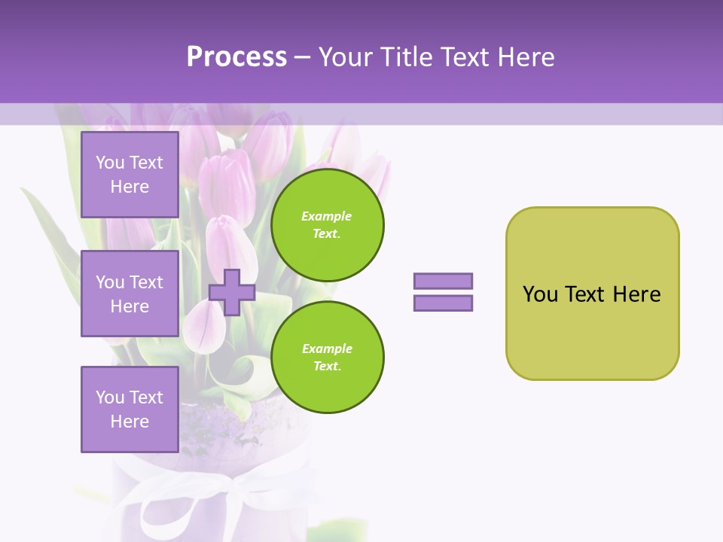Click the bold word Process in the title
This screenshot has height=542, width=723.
click(236, 57)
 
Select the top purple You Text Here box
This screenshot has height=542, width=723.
click(130, 175)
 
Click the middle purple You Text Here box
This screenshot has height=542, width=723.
click(130, 294)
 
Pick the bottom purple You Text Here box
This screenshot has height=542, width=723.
click(130, 410)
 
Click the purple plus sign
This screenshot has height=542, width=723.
click(232, 292)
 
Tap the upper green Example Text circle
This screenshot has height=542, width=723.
click(327, 225)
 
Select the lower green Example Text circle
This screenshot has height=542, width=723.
click(327, 358)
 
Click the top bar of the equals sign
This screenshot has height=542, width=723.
click(443, 281)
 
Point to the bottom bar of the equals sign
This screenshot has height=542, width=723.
click(443, 303)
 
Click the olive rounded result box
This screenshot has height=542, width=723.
click(592, 331)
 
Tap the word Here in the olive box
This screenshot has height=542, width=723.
click(636, 294)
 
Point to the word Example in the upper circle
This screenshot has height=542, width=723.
click(327, 216)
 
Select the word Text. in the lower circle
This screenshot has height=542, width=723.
click(327, 367)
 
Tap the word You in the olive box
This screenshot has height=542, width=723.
click(540, 294)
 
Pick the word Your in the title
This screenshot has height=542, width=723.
click(346, 57)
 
